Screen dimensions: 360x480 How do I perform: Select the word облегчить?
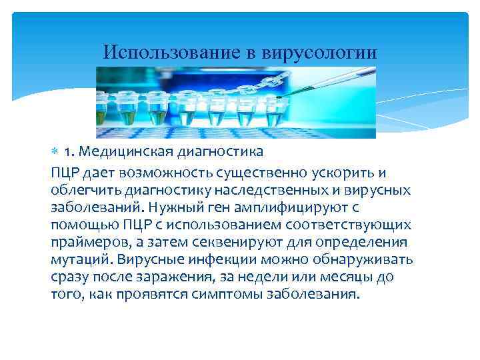(83, 191)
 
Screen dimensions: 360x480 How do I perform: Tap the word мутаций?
(78, 259)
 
